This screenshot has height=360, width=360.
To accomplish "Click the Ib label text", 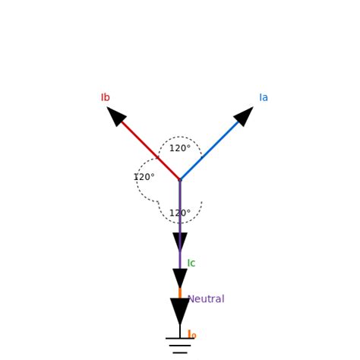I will coord(106,98).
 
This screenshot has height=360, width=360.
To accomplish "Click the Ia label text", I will coord(264,98).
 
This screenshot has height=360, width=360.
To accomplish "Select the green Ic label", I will coord(191,264).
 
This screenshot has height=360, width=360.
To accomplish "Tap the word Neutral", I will coord(206,299).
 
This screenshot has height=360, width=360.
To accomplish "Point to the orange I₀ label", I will coord(191,335).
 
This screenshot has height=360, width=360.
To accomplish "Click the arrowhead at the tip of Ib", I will coord(116,116).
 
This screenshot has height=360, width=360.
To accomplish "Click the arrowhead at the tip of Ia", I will coord(244,116).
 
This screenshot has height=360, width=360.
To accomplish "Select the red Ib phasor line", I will coord(144,144).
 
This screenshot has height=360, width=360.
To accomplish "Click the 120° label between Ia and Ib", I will coord(180,149).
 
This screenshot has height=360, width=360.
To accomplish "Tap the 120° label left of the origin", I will coord(144,178).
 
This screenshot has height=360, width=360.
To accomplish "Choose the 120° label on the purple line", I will coord(180,213).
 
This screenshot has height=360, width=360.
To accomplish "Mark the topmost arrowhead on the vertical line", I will coord(180,242).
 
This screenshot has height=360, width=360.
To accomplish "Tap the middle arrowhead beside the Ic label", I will coord(180,278).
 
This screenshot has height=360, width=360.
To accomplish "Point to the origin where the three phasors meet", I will coord(180,180).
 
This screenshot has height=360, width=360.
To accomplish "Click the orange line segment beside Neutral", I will coord(180,293).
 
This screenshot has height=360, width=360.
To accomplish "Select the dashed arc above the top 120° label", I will coord(180,137).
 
